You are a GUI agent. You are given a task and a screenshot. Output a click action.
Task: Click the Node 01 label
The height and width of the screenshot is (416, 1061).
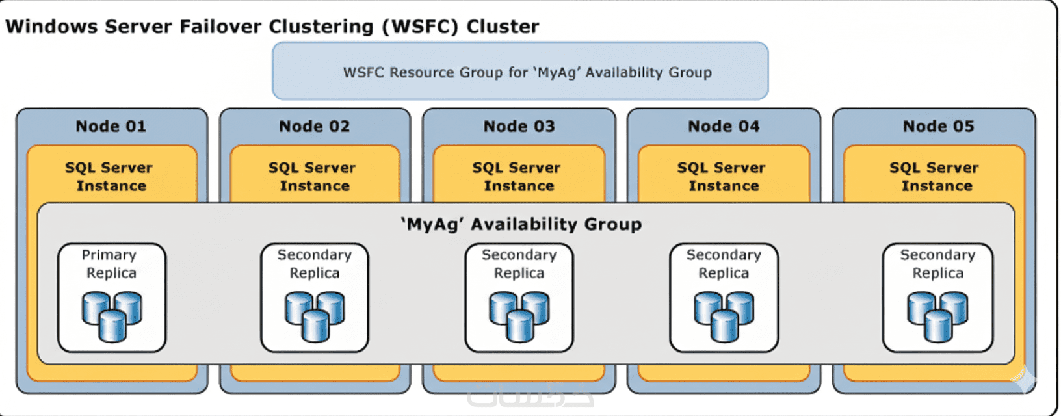click(x=111, y=126)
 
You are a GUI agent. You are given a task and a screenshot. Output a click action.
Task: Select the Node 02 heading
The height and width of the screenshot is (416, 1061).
click(x=314, y=126)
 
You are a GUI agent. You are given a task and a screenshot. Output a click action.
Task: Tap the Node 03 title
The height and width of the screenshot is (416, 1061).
click(x=519, y=126)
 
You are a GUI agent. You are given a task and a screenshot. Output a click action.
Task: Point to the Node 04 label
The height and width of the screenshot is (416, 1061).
click(x=724, y=126)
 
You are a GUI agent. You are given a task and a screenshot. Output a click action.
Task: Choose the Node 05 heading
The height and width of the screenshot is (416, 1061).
click(x=938, y=126)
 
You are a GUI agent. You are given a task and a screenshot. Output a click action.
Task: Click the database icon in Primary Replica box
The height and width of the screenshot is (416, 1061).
click(x=112, y=317)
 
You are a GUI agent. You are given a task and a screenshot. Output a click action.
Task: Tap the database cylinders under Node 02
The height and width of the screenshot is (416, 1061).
click(x=315, y=317)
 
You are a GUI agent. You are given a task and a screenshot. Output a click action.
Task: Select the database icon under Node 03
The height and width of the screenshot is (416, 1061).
click(x=519, y=317)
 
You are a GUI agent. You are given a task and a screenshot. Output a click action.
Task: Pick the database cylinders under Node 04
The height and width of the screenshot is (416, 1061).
click(x=724, y=317)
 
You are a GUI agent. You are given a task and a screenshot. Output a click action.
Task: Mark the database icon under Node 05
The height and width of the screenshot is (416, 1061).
click(x=937, y=317)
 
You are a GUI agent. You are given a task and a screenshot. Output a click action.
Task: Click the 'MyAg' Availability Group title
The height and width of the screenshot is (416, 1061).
click(x=521, y=224)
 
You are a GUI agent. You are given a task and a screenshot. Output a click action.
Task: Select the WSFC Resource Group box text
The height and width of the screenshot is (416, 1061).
click(x=527, y=72)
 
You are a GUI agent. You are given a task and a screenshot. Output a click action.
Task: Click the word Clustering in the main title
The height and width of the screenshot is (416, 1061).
click(x=321, y=27)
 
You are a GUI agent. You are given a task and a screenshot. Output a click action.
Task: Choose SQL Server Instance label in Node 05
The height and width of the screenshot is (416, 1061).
click(x=935, y=177)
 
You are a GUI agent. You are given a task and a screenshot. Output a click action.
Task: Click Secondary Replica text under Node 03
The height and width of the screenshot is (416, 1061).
click(x=519, y=264)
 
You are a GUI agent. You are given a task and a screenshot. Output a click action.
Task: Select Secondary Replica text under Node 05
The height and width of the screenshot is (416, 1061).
click(x=937, y=264)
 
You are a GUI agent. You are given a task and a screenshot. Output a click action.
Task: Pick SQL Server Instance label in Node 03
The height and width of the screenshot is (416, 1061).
click(x=517, y=177)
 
